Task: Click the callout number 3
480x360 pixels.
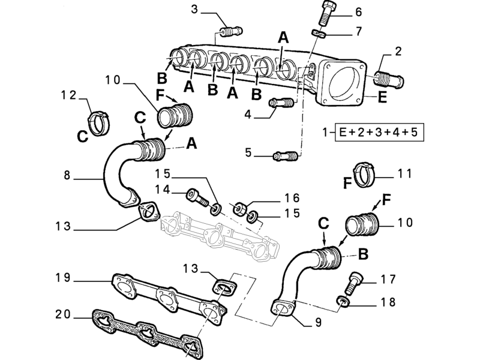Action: coord(194,8)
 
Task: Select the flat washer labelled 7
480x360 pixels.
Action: coord(319,32)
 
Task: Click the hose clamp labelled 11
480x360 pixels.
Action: coord(363,172)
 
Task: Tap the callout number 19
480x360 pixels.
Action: coord(64,278)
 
